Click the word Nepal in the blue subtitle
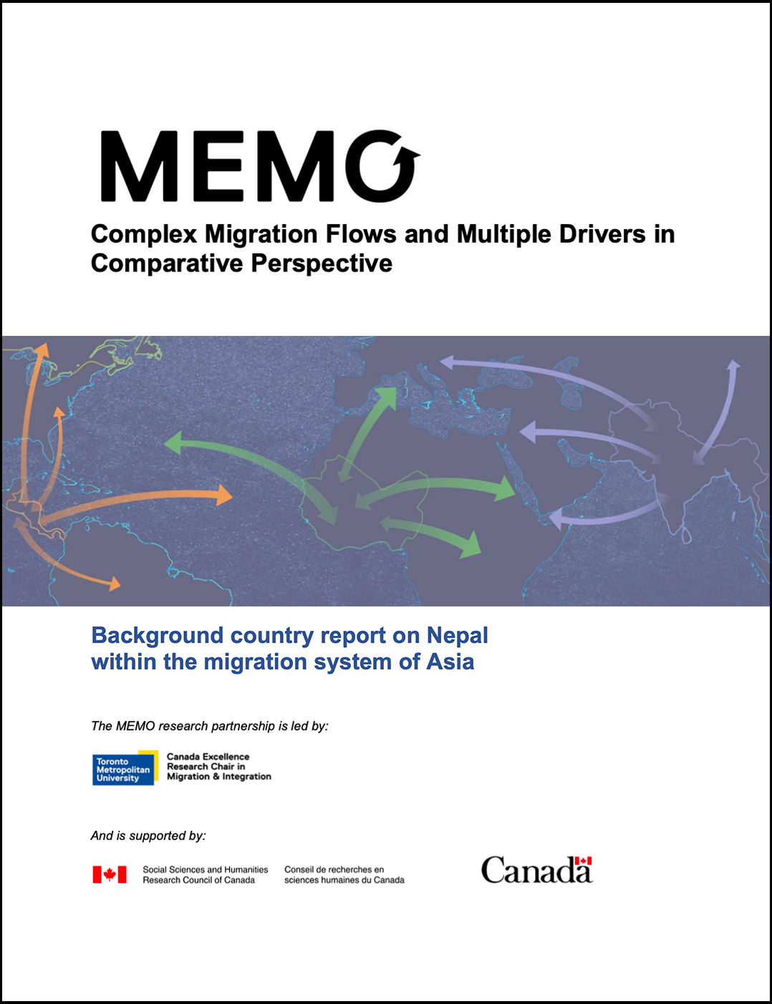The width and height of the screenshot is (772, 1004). pyautogui.click(x=457, y=635)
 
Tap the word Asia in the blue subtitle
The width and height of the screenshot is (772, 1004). pyautogui.click(x=450, y=662)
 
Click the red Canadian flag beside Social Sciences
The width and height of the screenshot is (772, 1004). pyautogui.click(x=110, y=874)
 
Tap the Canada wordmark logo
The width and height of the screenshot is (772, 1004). pyautogui.click(x=536, y=870)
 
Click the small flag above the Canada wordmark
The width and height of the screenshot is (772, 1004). pyautogui.click(x=584, y=860)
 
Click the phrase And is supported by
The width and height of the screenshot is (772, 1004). pyautogui.click(x=148, y=836)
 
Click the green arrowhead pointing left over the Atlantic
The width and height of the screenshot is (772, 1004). pyautogui.click(x=174, y=442)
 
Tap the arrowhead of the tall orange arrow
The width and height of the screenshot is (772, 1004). pyautogui.click(x=42, y=350)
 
